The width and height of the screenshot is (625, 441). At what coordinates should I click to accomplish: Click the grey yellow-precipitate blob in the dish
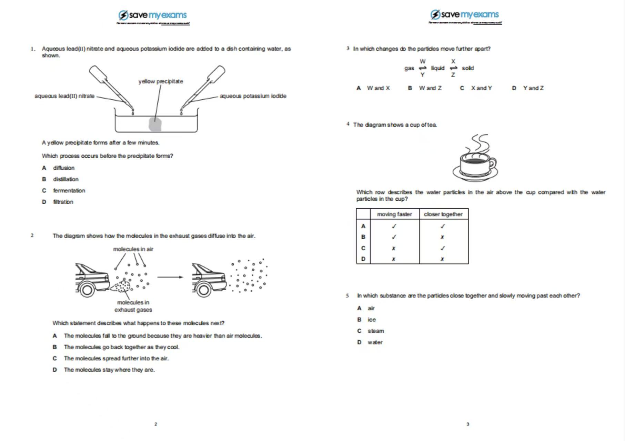tap(155, 124)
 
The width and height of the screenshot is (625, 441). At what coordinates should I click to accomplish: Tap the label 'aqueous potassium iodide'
tap(253, 96)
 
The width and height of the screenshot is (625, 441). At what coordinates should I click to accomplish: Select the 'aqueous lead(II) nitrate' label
tap(64, 96)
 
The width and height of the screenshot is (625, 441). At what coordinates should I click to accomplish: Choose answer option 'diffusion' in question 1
tap(64, 168)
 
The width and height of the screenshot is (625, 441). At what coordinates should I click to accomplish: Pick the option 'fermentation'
tap(69, 190)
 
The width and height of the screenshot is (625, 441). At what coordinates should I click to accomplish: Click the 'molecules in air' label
tap(133, 249)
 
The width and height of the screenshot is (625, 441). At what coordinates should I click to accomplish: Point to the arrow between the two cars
tap(170, 277)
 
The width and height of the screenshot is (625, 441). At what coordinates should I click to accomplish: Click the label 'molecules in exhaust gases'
tap(133, 306)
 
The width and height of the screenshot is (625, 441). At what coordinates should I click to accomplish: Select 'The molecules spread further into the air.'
tap(116, 358)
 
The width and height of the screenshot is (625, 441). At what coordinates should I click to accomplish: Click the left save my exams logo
tap(153, 15)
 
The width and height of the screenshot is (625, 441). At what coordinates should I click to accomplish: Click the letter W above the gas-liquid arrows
tap(422, 61)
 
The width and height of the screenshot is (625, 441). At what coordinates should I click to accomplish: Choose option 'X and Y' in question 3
tap(481, 88)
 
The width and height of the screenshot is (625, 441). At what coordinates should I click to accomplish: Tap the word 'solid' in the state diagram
tap(468, 68)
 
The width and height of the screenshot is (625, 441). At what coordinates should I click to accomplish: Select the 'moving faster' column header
tap(394, 214)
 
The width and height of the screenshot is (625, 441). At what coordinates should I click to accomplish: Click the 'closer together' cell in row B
tap(443, 237)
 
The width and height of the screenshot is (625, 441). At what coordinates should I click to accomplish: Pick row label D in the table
tap(363, 259)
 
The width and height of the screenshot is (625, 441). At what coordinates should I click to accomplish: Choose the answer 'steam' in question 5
tap(376, 331)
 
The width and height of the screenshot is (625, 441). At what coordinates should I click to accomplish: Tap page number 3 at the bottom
tap(468, 424)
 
